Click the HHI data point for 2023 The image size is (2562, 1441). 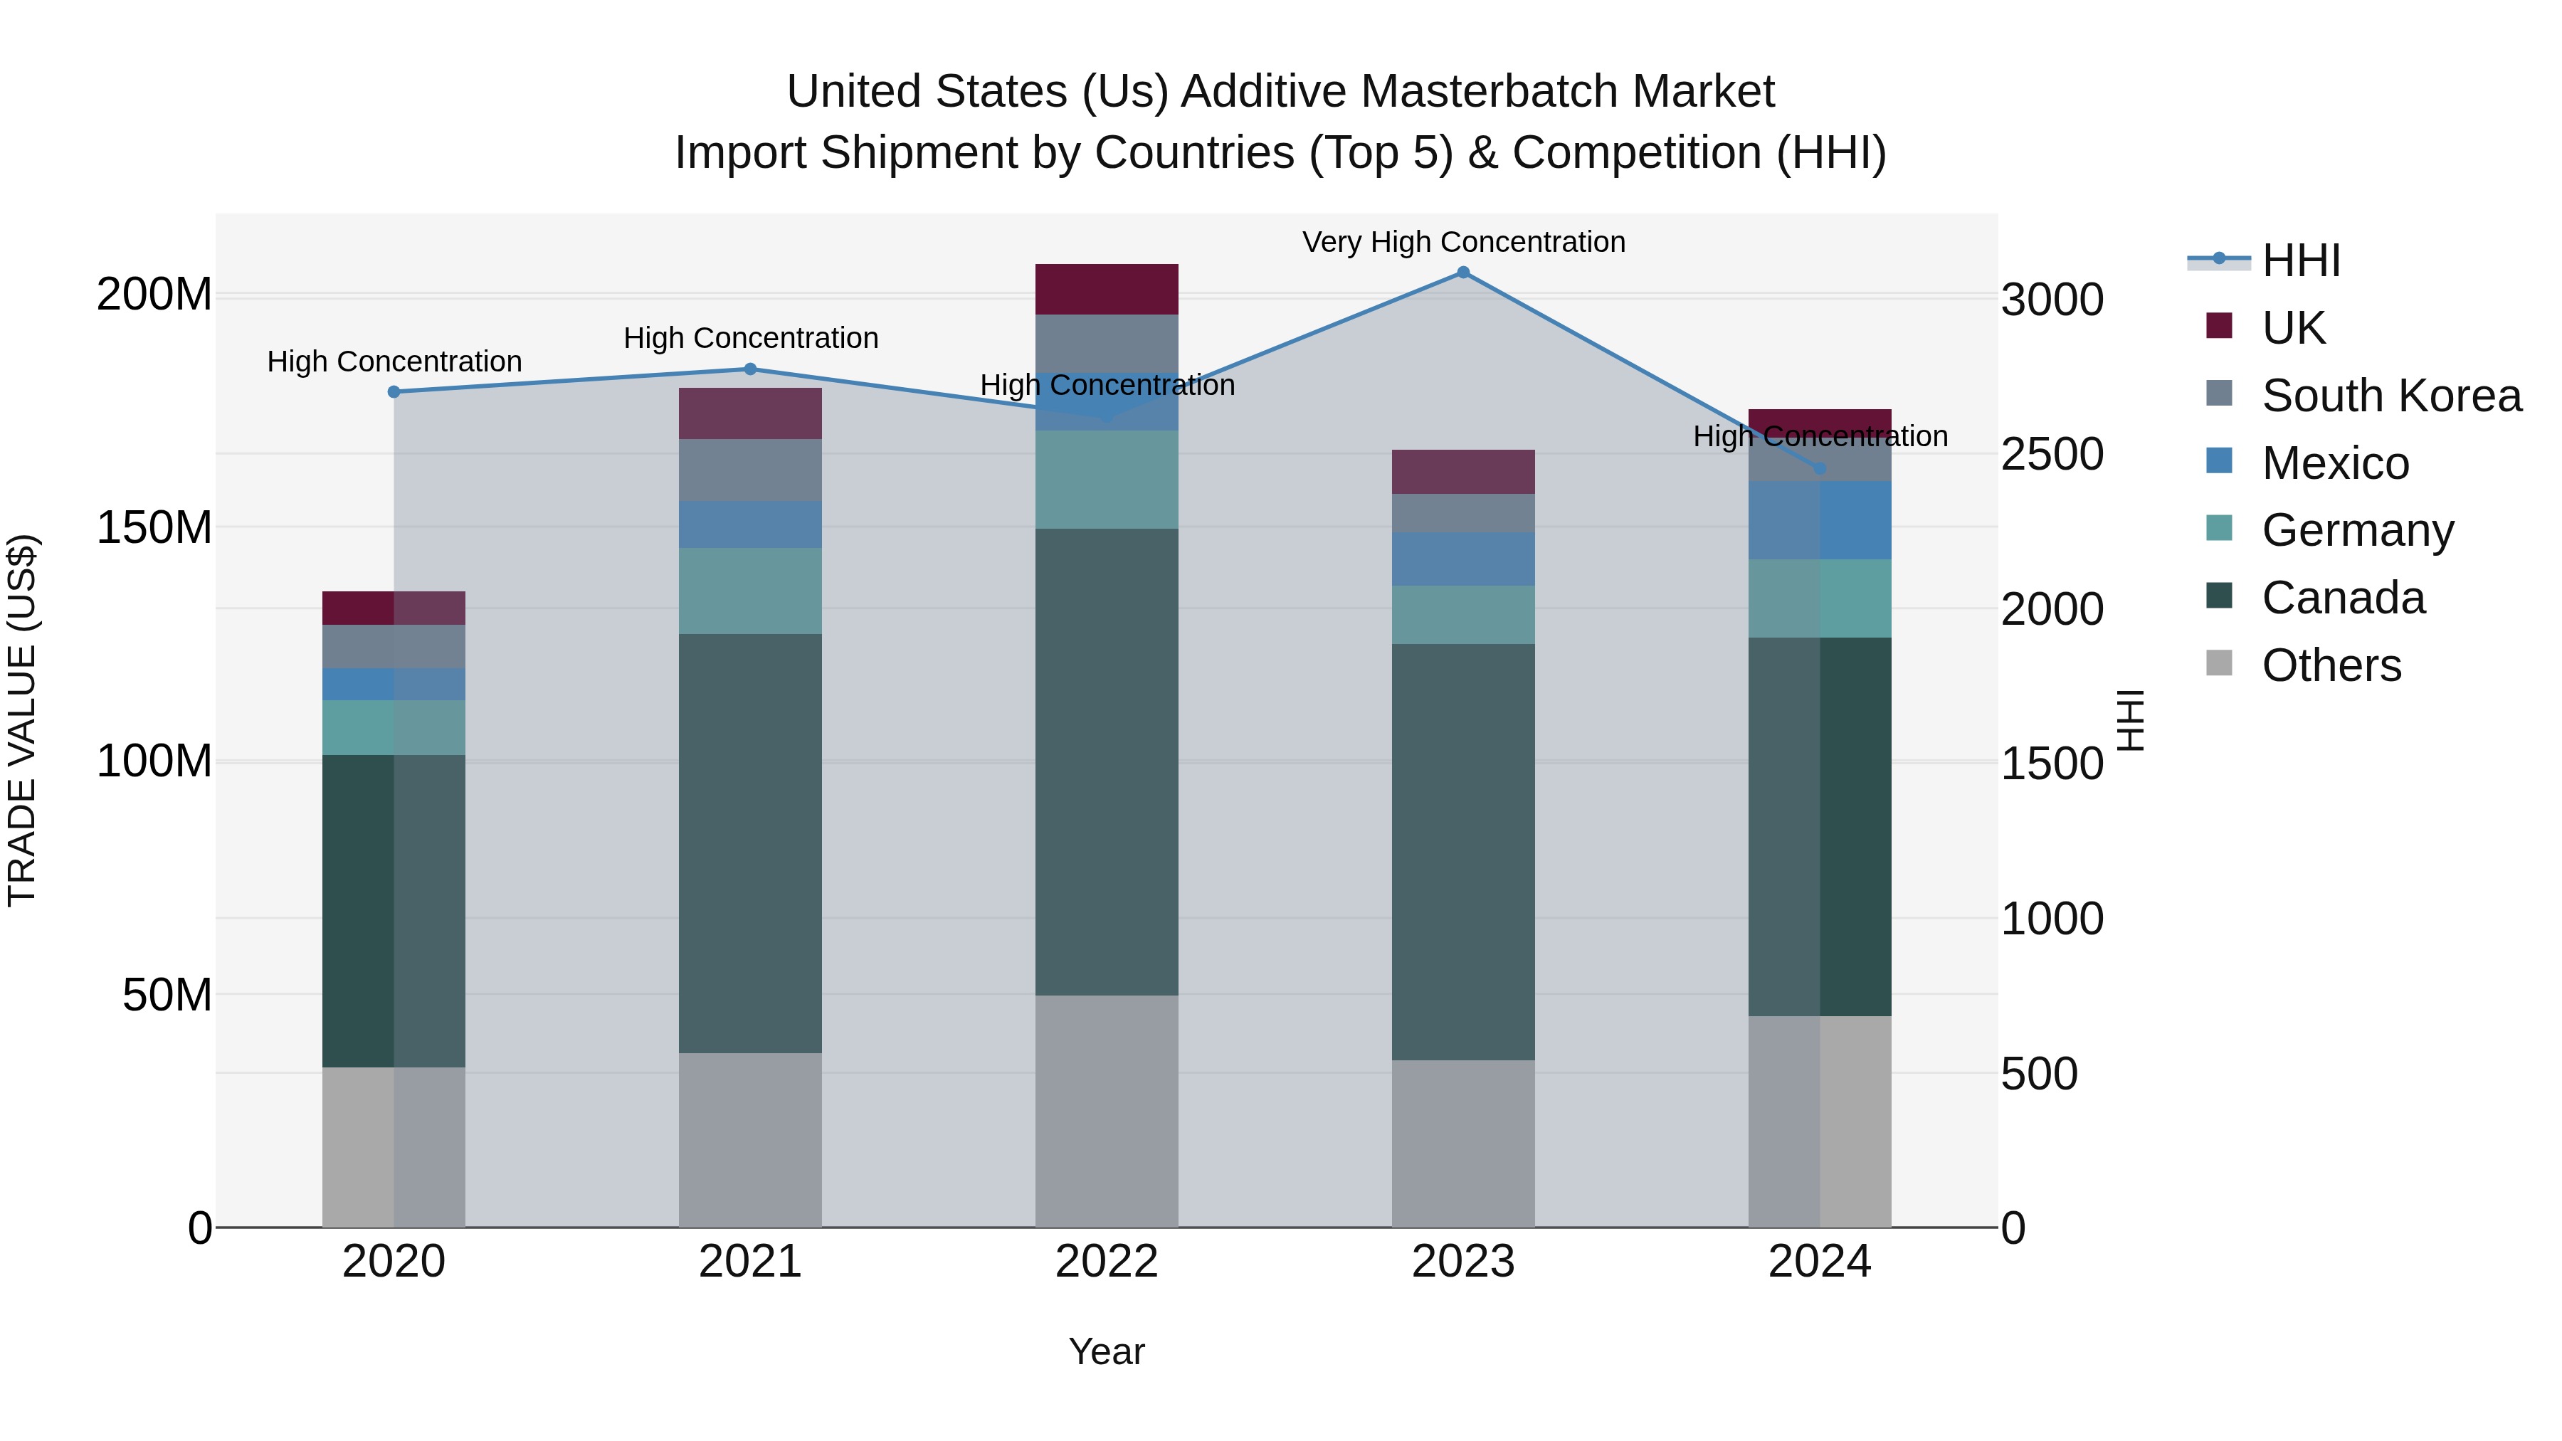(x=1463, y=273)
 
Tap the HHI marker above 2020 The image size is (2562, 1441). (x=394, y=392)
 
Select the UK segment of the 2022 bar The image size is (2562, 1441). (x=1106, y=290)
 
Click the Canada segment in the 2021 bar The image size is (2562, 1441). (x=750, y=843)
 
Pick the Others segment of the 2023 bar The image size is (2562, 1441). (x=1463, y=1144)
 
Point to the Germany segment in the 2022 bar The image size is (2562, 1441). (x=1106, y=480)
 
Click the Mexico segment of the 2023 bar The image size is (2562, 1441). (x=1463, y=559)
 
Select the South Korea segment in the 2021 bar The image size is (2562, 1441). (x=750, y=470)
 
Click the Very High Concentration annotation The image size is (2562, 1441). (x=1463, y=243)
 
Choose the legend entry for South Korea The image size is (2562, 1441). (x=2391, y=396)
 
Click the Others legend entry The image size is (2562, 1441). (x=2331, y=665)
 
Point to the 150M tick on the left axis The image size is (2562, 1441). (x=154, y=528)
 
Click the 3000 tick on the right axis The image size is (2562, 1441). (x=2051, y=300)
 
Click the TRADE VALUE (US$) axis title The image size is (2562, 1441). (x=22, y=720)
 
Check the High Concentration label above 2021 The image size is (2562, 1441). (x=750, y=338)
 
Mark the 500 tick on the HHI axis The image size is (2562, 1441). (x=2039, y=1074)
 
